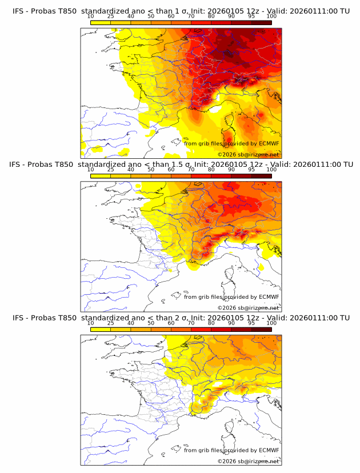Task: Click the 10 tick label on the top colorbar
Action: click(x=90, y=17)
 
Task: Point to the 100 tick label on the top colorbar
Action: click(x=271, y=17)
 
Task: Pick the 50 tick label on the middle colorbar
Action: click(x=151, y=170)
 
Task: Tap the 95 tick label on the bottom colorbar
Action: click(x=251, y=323)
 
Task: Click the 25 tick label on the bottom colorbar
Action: click(x=110, y=323)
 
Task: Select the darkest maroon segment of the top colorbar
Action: click(x=261, y=22)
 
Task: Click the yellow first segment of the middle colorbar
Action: click(x=101, y=175)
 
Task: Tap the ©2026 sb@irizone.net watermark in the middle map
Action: click(x=248, y=308)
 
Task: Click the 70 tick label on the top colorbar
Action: click(x=191, y=17)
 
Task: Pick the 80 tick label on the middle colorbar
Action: click(x=211, y=170)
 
